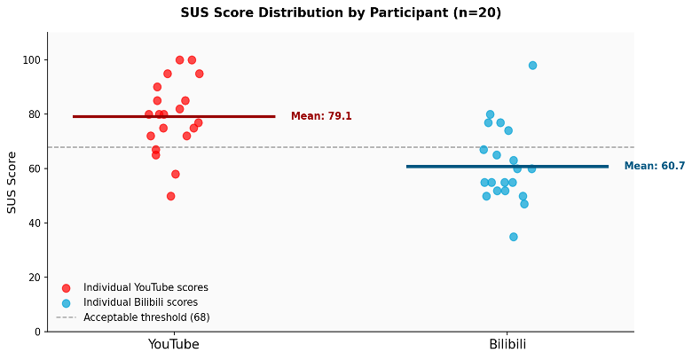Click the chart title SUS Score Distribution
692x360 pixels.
tap(341, 13)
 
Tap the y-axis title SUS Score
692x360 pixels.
tap(12, 182)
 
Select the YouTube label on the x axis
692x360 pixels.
tap(173, 344)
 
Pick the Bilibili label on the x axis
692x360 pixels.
tap(507, 344)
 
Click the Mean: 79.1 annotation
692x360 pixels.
tap(321, 116)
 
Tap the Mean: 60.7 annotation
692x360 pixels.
tap(655, 166)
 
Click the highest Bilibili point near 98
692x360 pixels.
tap(532, 66)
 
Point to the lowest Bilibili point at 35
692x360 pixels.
tap(514, 237)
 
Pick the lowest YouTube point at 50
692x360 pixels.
tap(171, 196)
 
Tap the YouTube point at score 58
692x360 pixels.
tap(176, 174)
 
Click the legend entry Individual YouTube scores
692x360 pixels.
tap(145, 287)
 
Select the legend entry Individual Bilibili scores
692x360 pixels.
tap(140, 302)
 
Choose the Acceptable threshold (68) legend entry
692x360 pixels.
tap(146, 317)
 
